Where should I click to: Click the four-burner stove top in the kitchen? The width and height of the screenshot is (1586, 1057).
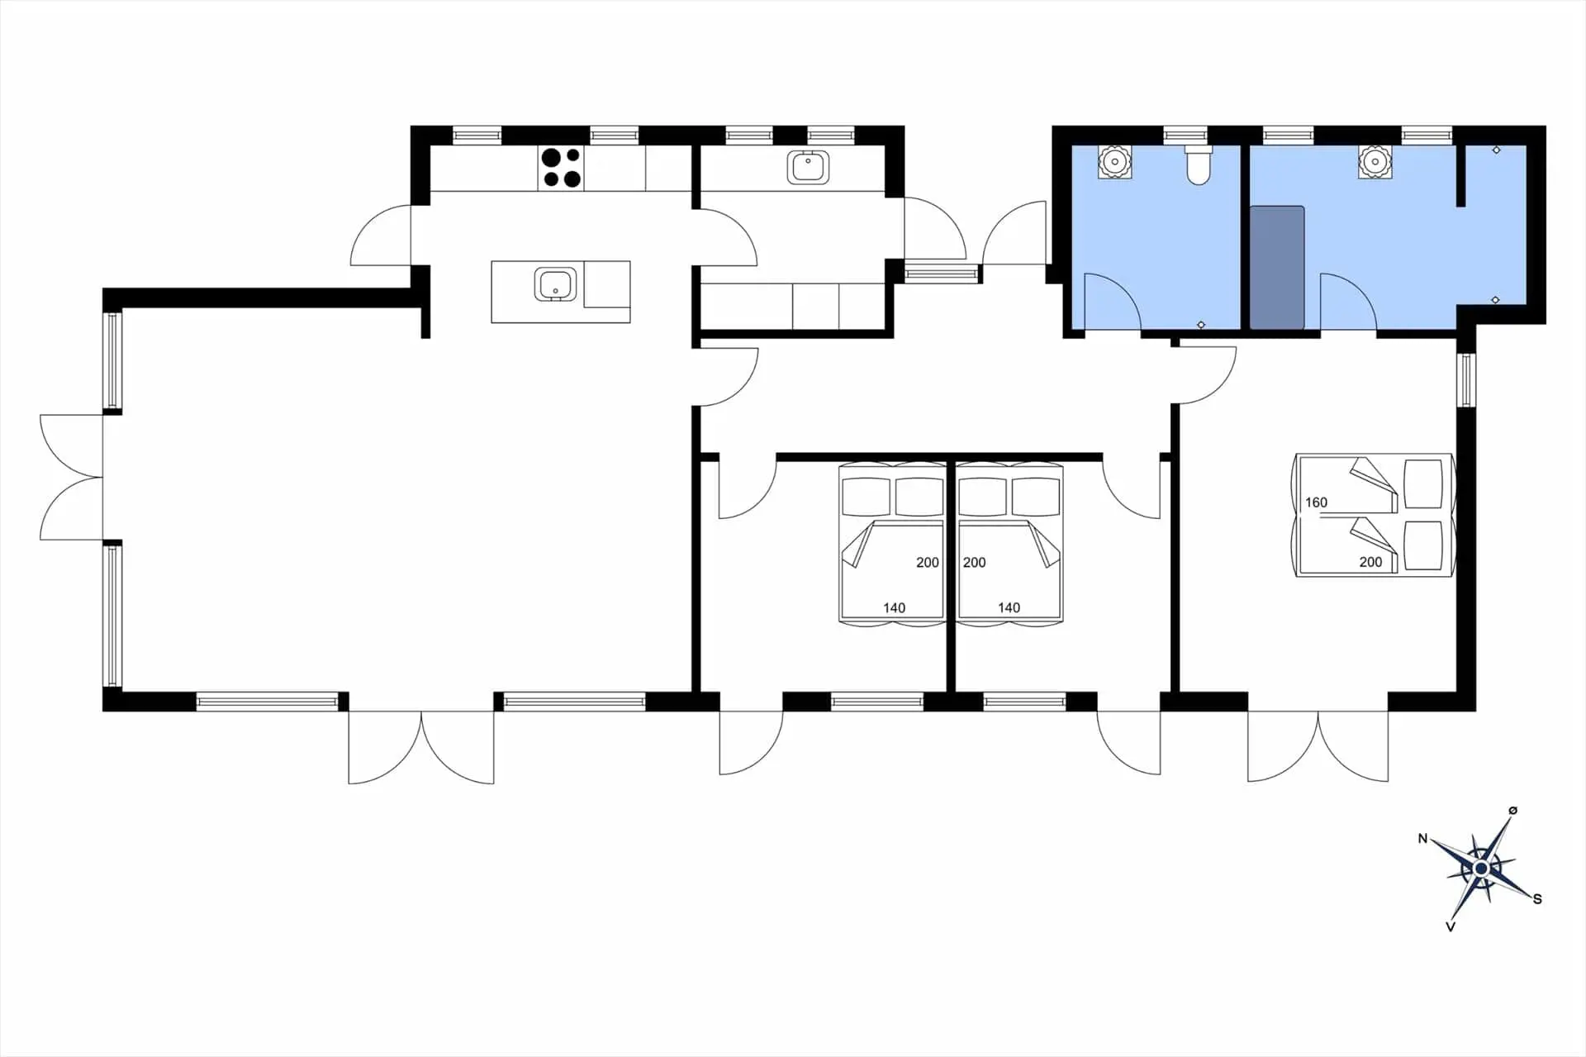561,168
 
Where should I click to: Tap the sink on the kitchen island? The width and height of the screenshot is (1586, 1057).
555,283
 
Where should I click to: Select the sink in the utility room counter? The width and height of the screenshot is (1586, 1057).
809,167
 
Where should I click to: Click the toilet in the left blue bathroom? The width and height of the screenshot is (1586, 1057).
1198,164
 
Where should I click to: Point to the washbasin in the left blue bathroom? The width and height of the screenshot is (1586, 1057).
1114,162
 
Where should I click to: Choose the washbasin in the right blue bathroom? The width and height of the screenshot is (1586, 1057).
1375,162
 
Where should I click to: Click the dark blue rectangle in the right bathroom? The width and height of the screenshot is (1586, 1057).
1277,268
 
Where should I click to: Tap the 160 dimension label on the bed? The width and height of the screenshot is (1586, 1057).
1316,502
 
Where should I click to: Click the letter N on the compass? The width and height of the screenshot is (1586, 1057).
1422,839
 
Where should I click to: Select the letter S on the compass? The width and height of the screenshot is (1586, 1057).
1537,899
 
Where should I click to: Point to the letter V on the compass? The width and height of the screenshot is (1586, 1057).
1451,927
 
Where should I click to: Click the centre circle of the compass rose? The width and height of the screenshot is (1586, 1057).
1481,869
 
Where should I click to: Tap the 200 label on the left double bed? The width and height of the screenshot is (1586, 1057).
928,563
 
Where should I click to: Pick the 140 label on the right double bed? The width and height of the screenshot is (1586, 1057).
1009,607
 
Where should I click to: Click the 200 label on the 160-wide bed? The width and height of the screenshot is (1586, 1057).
1370,562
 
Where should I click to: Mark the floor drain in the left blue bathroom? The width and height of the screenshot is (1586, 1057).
1201,325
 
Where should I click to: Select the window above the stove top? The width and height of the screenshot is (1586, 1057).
614,135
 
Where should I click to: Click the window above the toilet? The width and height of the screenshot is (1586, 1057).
1185,135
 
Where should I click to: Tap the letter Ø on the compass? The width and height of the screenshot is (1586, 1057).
1512,811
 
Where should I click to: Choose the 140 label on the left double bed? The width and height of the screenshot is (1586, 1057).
894,607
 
